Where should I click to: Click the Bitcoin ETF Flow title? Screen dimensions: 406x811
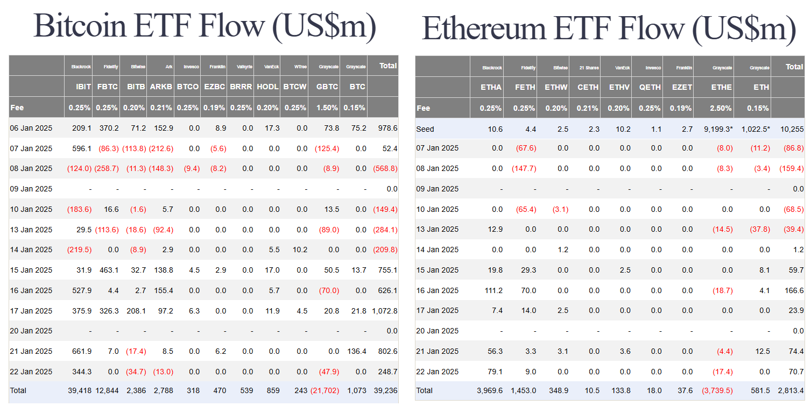point(204,26)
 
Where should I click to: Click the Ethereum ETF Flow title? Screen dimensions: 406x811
point(609,28)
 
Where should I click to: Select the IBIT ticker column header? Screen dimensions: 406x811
point(83,87)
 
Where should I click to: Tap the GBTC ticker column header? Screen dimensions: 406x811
point(327,87)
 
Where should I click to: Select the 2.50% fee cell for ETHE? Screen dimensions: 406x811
point(721,108)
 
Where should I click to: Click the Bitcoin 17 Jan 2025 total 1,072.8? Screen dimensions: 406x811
point(384,311)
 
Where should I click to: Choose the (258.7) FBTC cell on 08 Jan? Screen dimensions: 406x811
point(107,168)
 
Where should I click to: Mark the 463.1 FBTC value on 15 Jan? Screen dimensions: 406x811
point(109,270)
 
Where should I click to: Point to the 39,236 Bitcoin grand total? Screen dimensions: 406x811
point(385,390)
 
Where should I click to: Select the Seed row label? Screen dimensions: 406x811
point(425,129)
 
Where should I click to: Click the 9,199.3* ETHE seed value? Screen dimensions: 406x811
point(718,129)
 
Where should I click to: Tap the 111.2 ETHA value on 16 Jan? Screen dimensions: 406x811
point(493,290)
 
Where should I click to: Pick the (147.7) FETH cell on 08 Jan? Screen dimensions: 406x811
point(524,168)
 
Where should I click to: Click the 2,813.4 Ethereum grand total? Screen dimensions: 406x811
point(790,390)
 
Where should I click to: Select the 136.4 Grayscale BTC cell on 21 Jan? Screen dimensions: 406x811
point(357,351)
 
